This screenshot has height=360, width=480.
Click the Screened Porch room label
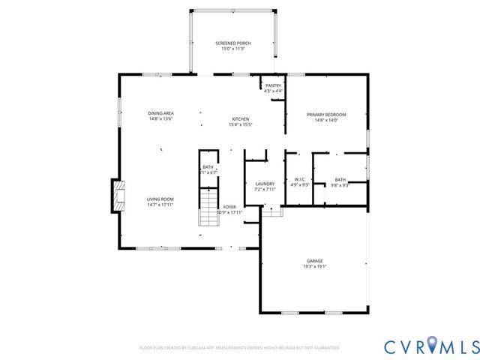point(232,43)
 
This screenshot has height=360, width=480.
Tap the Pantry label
point(273,86)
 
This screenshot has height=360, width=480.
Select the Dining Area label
point(160,113)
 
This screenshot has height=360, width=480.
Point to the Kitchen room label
point(240,119)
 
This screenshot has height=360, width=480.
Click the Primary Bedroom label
point(325,115)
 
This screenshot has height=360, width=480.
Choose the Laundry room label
point(265,184)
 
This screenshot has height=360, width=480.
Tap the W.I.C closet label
point(299,179)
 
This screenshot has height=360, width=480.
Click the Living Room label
point(160,199)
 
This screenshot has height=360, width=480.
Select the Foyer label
point(229,207)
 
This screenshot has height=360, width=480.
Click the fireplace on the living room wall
point(116,196)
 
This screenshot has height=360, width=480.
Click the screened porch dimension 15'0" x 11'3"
point(232,49)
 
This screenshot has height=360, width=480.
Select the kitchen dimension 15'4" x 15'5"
point(240,124)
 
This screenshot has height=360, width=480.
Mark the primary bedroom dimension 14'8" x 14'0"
point(325,120)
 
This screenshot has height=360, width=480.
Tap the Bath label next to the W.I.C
point(340,179)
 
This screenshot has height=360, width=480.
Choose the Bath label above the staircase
point(208,167)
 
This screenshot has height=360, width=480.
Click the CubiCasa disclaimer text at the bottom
point(240,348)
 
